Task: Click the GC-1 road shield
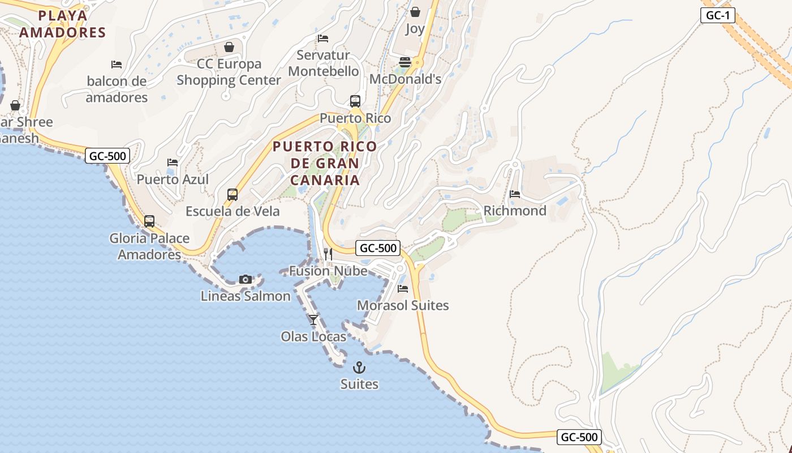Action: (717, 15)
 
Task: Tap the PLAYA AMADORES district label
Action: (62, 24)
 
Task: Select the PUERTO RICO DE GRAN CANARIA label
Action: (325, 163)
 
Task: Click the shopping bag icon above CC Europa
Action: (229, 47)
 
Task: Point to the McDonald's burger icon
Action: (405, 62)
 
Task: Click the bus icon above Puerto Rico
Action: (355, 101)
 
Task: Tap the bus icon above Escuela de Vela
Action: (233, 195)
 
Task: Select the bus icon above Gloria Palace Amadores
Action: (149, 221)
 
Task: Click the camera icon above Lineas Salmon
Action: (246, 279)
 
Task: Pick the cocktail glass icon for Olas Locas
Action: (313, 320)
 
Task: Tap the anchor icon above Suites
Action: (359, 367)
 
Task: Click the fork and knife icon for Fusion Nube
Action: (328, 254)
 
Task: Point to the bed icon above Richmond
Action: (515, 194)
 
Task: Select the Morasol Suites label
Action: (403, 306)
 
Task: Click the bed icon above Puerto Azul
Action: (173, 163)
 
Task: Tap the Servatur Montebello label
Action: (324, 63)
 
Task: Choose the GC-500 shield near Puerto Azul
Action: (107, 156)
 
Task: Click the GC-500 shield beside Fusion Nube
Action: (378, 248)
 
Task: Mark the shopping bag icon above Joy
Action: (415, 12)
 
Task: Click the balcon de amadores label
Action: (117, 89)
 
